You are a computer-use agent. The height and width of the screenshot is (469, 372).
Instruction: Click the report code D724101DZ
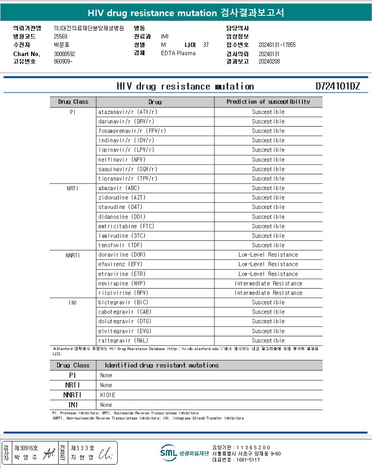point(337,86)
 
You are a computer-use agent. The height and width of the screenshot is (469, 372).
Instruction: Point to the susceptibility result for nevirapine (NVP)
point(268,283)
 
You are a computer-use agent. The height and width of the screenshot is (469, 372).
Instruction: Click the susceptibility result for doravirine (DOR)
point(268,255)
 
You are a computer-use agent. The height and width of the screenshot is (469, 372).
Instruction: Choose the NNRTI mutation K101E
point(108,395)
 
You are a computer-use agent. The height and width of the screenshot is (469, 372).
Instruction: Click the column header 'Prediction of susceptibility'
point(268,102)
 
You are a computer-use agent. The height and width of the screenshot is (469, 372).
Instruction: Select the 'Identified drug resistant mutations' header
point(161,365)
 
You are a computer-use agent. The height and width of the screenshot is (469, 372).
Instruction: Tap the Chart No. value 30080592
point(65,54)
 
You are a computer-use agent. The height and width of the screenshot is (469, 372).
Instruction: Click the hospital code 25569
point(60,36)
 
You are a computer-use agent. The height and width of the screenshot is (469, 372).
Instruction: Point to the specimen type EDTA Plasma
point(178,53)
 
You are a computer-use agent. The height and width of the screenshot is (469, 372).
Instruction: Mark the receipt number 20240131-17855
point(277,45)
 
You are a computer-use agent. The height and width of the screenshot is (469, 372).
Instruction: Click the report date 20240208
point(269,61)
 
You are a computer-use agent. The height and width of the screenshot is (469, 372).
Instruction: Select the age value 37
point(206,45)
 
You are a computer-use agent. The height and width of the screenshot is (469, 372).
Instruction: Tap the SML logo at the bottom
point(168,453)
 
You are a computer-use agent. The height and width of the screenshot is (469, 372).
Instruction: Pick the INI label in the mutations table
point(73,405)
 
